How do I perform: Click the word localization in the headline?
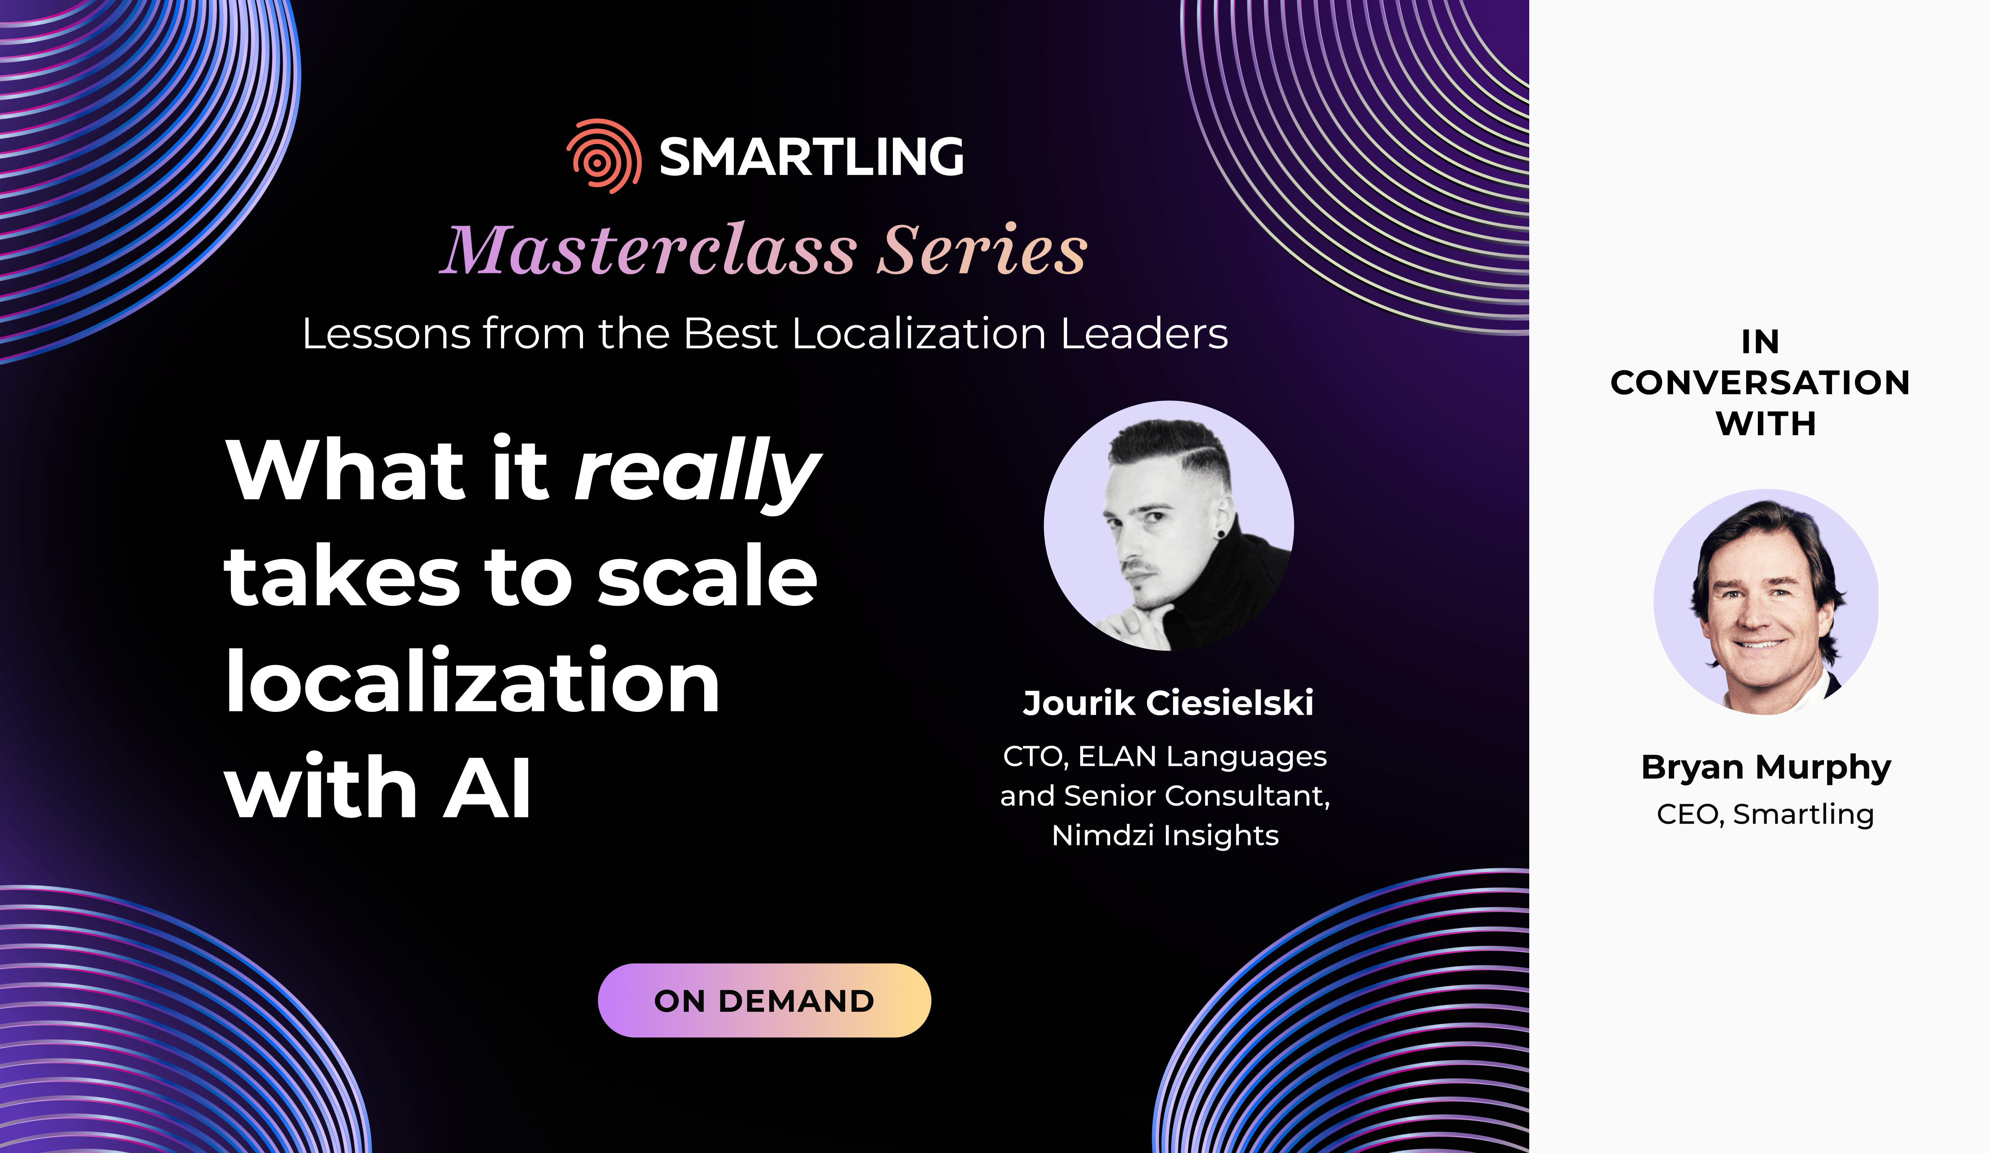pos(472,681)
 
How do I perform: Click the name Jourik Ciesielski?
pos(1168,703)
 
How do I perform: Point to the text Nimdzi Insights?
pos(1166,835)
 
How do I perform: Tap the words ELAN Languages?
pos(1203,757)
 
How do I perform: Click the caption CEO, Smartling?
pos(1765,814)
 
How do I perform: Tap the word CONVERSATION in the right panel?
pos(1760,383)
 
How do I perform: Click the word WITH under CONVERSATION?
pos(1766,424)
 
